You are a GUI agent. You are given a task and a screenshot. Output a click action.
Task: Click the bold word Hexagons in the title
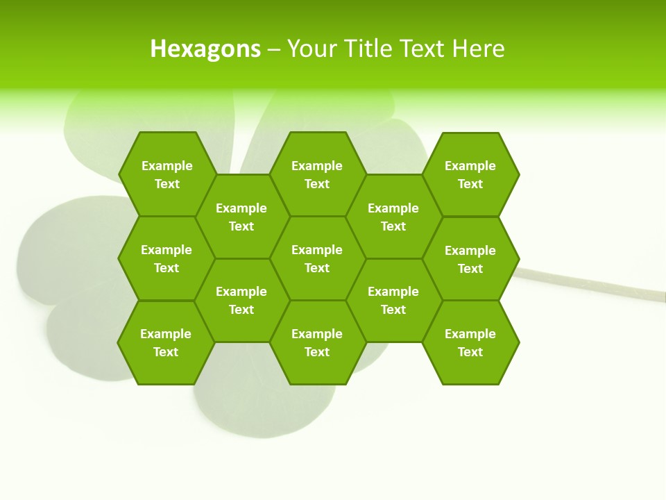coord(205,49)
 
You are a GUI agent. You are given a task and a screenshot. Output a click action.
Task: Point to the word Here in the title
coord(479,49)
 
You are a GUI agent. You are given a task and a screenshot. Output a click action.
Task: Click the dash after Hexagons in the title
coord(274,49)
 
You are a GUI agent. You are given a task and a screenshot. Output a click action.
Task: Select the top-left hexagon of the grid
coord(166,174)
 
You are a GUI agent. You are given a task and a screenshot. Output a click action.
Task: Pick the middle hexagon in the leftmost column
coord(166,258)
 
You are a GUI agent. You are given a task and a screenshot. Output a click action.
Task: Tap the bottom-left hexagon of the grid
coord(166,342)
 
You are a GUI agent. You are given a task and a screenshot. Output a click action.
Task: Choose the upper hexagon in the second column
coord(241,217)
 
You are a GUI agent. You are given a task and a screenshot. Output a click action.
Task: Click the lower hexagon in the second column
coord(241,300)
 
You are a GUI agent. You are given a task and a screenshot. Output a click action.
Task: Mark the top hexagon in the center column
coord(317,174)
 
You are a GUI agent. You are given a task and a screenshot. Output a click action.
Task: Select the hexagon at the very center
coord(317,258)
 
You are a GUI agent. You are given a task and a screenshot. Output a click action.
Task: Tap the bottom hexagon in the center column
coord(317,342)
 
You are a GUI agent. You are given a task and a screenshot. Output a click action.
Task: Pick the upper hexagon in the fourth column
coord(393,217)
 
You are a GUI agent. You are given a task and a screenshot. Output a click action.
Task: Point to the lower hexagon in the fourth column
coord(393,300)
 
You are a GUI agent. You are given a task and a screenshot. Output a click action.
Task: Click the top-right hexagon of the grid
coord(470,174)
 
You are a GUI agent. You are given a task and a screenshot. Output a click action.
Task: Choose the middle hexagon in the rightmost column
coord(470,259)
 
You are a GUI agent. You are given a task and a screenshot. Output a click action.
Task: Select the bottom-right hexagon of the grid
coord(470,342)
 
